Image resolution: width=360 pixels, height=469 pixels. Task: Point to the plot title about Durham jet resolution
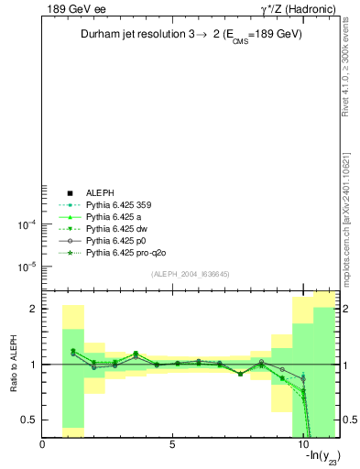point(190,35)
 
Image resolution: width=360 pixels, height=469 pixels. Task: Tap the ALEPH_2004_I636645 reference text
point(190,273)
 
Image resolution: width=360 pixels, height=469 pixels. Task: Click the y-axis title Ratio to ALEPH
point(15,364)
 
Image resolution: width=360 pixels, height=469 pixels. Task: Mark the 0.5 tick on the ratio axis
point(30,420)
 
